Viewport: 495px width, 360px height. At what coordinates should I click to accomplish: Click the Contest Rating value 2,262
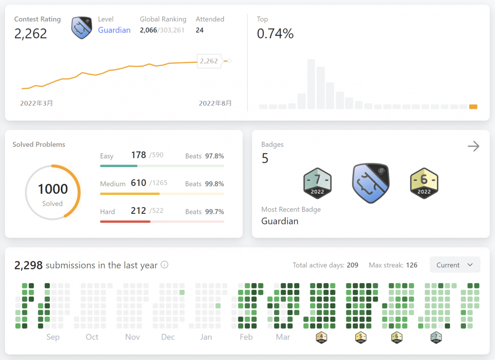[x=30, y=33]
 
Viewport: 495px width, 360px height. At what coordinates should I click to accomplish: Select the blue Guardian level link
[x=114, y=30]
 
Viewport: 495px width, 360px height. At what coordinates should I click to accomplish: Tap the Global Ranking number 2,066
[x=148, y=30]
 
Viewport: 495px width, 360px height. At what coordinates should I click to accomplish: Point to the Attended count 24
[x=200, y=30]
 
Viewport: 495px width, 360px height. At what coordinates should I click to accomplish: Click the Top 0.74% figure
[x=275, y=33]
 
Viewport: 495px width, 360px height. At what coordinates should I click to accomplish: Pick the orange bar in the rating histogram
[x=473, y=106]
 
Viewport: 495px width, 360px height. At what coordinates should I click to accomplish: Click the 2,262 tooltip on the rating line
[x=209, y=61]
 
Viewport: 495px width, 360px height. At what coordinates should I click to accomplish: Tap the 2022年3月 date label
[x=37, y=103]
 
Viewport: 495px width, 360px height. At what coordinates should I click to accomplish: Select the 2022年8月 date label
[x=215, y=103]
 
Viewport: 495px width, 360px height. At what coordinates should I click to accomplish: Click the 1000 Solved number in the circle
[x=53, y=189]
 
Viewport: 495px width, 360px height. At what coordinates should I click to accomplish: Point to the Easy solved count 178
[x=138, y=155]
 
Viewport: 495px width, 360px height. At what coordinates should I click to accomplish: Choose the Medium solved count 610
[x=138, y=183]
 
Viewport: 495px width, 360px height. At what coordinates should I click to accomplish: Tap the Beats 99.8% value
[x=214, y=184]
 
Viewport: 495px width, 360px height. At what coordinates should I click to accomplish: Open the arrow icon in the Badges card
[x=474, y=146]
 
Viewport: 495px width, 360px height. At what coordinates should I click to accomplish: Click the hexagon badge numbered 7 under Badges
[x=318, y=183]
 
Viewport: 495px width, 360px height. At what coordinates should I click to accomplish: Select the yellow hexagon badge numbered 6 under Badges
[x=424, y=183]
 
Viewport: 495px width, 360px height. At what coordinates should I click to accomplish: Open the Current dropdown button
[x=455, y=265]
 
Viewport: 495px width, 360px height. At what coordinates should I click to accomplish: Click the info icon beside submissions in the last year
[x=164, y=265]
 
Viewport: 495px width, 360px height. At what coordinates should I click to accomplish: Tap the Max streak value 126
[x=412, y=265]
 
